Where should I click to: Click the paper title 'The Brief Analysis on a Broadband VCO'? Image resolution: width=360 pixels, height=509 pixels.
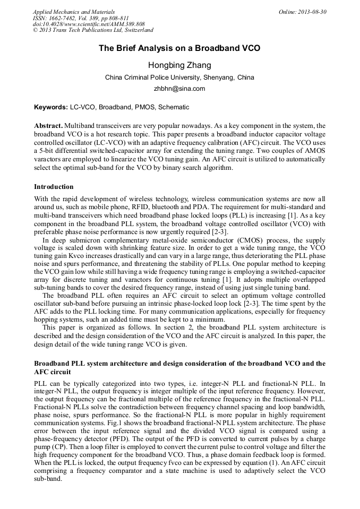(179, 48)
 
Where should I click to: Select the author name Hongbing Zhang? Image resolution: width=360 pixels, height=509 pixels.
(179, 65)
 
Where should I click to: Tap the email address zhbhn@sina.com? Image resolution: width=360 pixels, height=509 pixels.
(179, 89)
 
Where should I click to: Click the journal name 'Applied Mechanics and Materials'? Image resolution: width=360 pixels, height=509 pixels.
(74, 12)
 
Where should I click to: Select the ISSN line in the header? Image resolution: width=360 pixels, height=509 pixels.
(81, 18)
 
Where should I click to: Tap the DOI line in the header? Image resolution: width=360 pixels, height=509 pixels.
(89, 24)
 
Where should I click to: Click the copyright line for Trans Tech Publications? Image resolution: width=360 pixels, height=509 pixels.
(93, 31)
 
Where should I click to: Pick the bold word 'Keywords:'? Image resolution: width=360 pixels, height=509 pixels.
(51, 107)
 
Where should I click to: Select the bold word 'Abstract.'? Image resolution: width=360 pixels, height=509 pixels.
(48, 125)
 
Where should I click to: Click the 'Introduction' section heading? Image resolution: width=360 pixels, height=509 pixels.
(54, 187)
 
